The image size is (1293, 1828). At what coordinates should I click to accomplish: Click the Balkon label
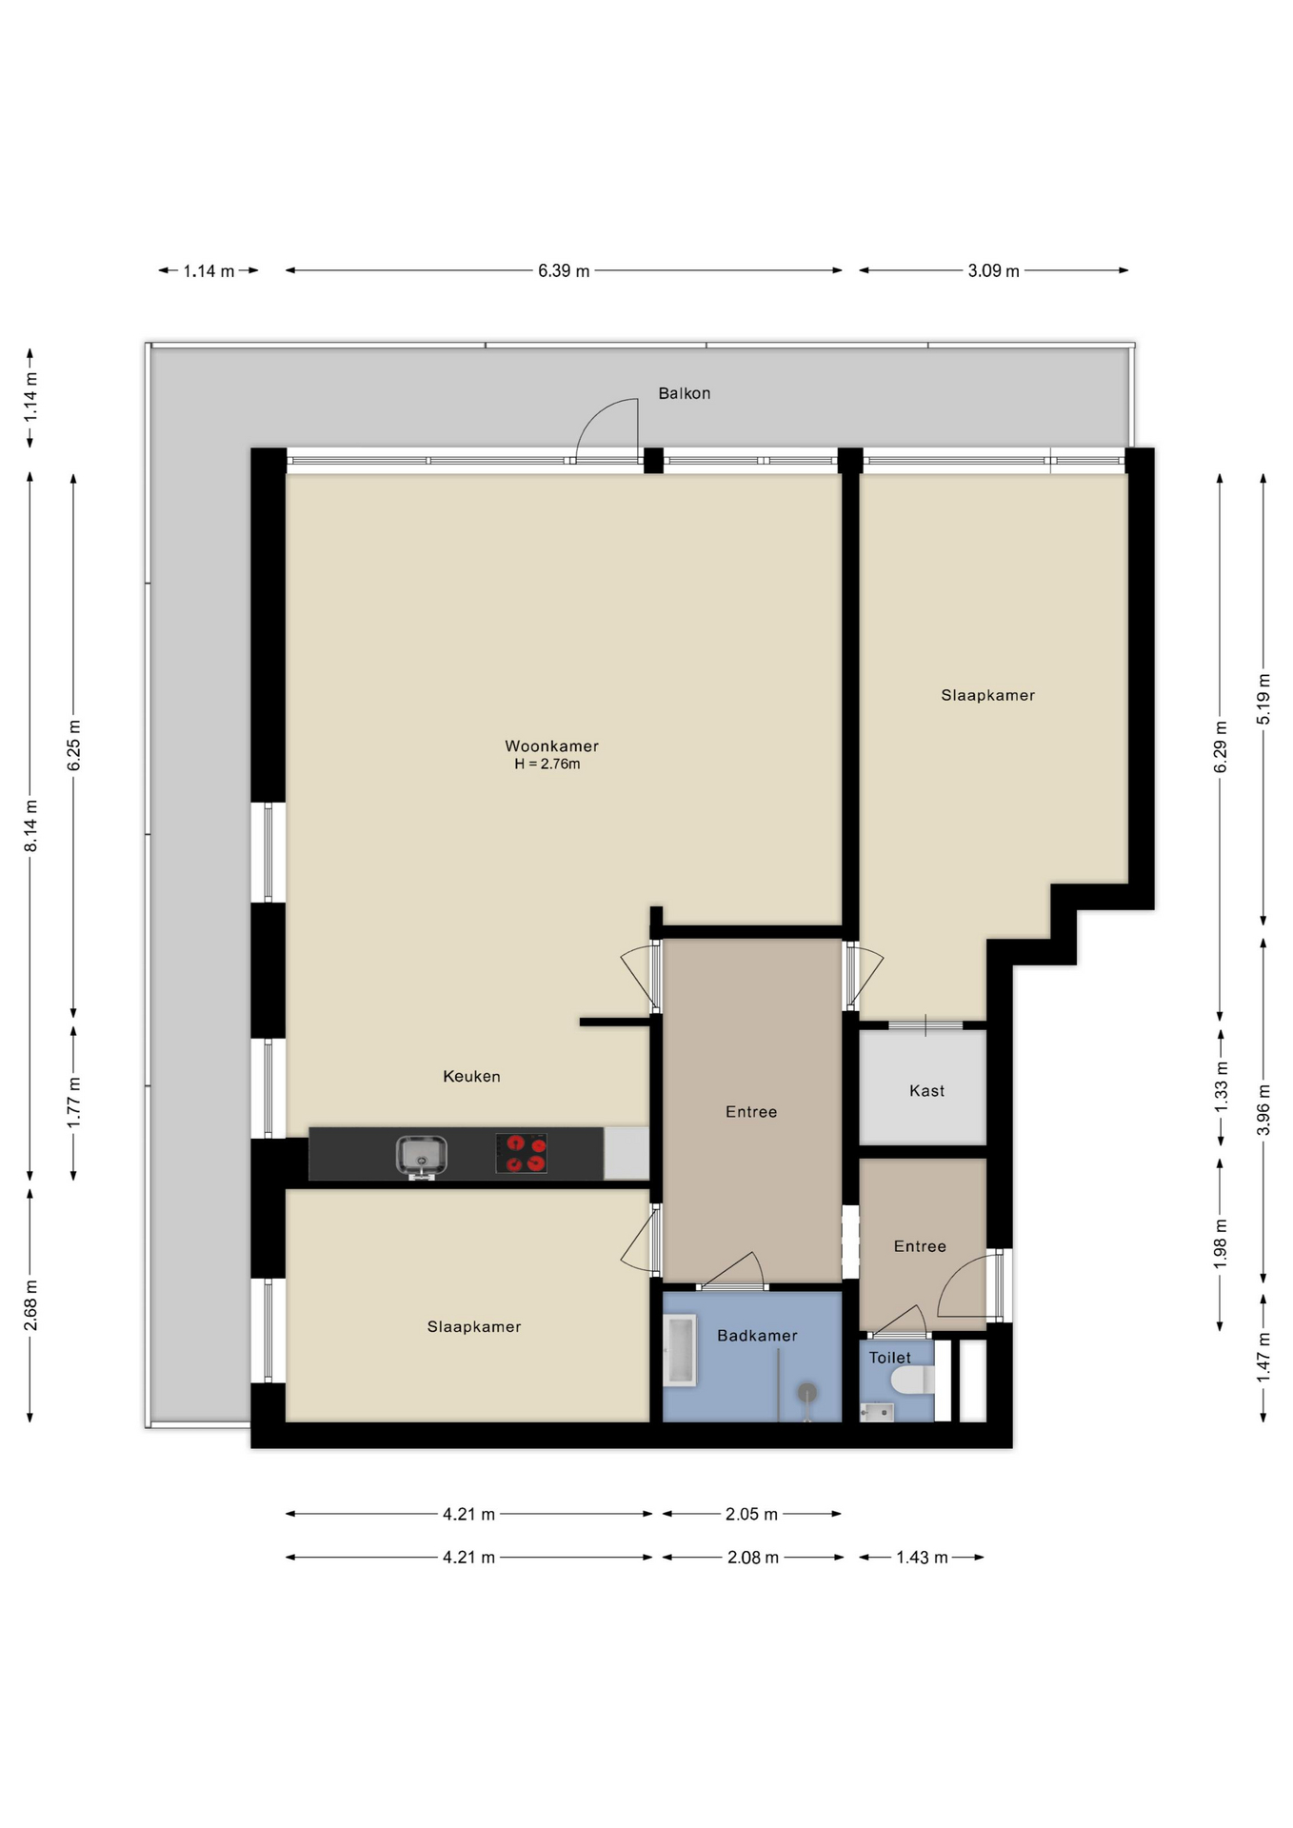[x=684, y=393]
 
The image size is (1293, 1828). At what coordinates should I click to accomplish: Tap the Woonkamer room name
[x=551, y=746]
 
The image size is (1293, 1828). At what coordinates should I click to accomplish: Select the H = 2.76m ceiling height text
[x=547, y=765]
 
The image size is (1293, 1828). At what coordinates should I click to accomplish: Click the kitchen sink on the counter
[x=421, y=1155]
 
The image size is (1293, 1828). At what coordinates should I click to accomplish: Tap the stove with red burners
[x=521, y=1153]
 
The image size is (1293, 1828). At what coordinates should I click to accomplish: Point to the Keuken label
[x=471, y=1077]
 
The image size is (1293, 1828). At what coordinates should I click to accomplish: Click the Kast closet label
[x=926, y=1091]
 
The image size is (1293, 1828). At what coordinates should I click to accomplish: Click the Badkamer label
[x=757, y=1336]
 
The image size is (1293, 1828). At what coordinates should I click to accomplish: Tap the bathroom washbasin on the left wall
[x=681, y=1350]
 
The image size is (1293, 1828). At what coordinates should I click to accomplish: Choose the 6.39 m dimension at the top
[x=564, y=271]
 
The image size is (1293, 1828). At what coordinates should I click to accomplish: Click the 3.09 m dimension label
[x=993, y=271]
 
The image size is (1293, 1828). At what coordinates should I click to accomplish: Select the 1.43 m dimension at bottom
[x=922, y=1558]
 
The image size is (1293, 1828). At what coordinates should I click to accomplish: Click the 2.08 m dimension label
[x=752, y=1558]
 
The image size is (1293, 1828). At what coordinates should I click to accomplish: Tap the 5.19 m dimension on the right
[x=1263, y=699]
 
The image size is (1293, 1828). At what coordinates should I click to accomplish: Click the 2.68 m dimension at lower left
[x=31, y=1304]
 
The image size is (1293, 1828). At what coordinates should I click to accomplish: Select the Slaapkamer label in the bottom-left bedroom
[x=473, y=1327]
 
